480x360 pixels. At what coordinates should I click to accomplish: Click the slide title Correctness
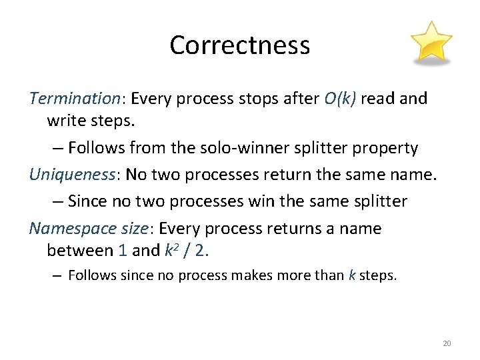(239, 45)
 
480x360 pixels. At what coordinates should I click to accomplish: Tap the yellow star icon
(431, 43)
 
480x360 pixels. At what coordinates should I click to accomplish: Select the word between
(80, 251)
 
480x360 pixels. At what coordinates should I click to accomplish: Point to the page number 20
(447, 343)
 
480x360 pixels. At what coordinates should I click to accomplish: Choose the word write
(64, 121)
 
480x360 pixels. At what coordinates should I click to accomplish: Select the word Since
(87, 201)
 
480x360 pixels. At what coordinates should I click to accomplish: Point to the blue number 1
(122, 251)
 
